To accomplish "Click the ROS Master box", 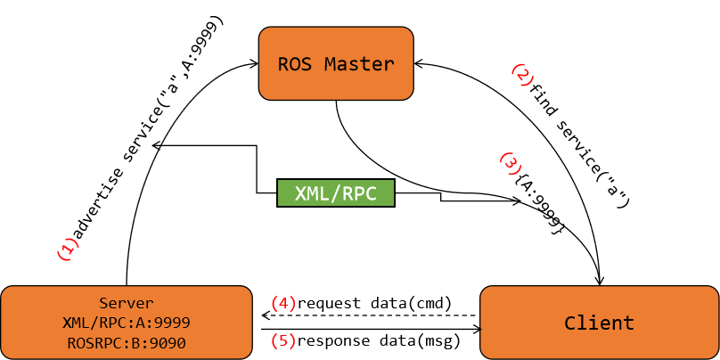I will [x=336, y=62].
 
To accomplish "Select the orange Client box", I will [x=599, y=323].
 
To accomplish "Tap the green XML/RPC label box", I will [x=336, y=193].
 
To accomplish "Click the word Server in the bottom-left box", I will [x=127, y=302].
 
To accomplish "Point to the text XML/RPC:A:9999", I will [x=127, y=322].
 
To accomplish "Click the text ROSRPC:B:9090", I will [x=127, y=341].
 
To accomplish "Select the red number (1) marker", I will [x=68, y=250].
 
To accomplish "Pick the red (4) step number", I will [x=282, y=303].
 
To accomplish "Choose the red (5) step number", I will [x=282, y=341].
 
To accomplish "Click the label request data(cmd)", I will [x=375, y=303].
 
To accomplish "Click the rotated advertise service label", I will [x=147, y=134].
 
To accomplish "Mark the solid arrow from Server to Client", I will [x=370, y=330].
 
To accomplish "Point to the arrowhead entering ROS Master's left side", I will [x=255, y=63].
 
